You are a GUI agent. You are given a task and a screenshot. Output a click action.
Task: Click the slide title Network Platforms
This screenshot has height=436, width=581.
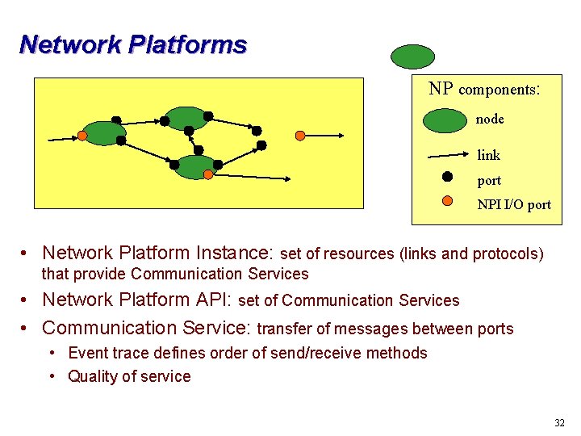tap(133, 44)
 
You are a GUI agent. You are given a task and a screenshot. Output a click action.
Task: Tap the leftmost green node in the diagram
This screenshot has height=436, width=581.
tap(103, 132)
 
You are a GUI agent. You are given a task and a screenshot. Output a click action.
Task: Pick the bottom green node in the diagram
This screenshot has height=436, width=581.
tap(195, 166)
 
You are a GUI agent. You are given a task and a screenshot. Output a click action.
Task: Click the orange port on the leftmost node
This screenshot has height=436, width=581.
tap(82, 136)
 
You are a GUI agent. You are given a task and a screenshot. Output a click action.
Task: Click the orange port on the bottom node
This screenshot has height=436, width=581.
tap(208, 174)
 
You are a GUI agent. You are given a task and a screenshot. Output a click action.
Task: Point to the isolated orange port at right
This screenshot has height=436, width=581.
tap(300, 135)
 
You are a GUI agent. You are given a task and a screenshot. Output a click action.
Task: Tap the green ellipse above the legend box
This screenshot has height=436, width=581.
tap(412, 57)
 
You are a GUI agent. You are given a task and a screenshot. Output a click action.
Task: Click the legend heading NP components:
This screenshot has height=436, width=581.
tap(483, 89)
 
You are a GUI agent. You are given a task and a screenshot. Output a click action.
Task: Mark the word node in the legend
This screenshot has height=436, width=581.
tap(490, 119)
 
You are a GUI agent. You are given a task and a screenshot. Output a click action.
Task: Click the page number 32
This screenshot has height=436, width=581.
tap(559, 423)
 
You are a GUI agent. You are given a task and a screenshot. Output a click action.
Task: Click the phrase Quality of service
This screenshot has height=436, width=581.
tap(129, 376)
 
